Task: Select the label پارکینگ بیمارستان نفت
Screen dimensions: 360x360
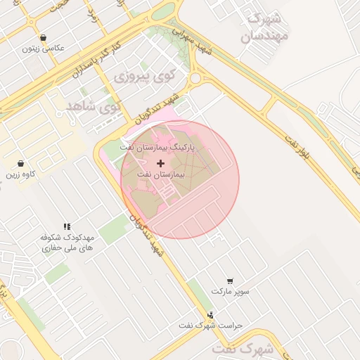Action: point(158,148)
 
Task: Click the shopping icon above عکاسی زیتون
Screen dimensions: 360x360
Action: point(44,38)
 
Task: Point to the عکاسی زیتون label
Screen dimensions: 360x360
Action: point(43,49)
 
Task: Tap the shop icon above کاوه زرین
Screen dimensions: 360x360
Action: point(21,163)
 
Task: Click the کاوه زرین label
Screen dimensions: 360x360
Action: point(21,174)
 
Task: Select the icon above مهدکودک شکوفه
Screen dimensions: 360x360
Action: point(67,226)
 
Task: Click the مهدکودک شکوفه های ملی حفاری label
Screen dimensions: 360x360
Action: point(67,243)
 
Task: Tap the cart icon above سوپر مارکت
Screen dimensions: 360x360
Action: point(231,281)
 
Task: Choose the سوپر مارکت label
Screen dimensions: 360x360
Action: point(231,290)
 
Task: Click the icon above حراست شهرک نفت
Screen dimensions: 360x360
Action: point(210,315)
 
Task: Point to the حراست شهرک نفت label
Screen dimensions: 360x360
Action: point(210,326)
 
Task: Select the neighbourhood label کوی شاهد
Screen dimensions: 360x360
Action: point(92,106)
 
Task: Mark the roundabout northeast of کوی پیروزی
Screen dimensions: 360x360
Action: point(196,78)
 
